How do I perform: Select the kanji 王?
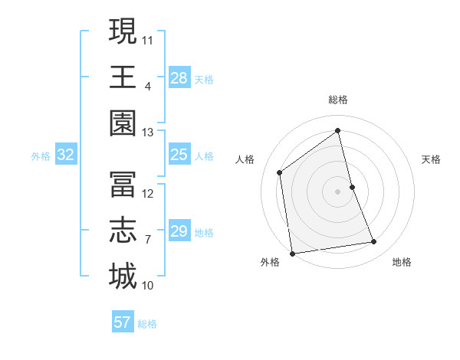123,77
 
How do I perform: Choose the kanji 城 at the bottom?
123,277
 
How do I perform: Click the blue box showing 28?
179,77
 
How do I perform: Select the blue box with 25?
179,155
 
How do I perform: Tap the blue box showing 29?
179,231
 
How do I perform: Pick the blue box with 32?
66,155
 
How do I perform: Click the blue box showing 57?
123,322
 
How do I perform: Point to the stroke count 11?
148,39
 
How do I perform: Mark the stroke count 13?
147,133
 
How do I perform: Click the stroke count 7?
147,240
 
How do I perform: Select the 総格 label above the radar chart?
338,100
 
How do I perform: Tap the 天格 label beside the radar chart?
432,159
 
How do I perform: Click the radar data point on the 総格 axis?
338,131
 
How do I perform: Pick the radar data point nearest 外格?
292,253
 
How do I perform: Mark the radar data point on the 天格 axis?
353,187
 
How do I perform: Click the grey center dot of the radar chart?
338,191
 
